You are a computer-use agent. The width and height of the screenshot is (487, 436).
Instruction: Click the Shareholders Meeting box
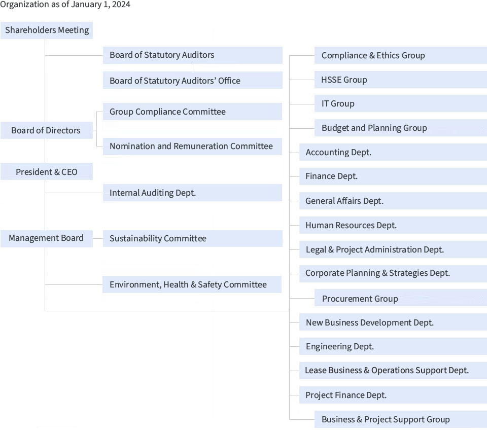(x=47, y=30)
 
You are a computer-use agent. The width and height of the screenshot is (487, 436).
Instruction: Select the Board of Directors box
(x=47, y=130)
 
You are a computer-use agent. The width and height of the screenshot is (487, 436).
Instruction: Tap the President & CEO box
(x=47, y=171)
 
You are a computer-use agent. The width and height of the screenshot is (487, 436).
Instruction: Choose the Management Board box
(x=47, y=239)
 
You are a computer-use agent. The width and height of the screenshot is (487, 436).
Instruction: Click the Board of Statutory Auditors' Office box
(x=193, y=80)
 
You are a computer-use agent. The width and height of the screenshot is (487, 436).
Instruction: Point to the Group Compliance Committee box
(x=192, y=112)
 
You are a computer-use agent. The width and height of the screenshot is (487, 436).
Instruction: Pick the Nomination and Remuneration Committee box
(x=192, y=147)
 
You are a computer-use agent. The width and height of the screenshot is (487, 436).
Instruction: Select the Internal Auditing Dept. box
(x=192, y=193)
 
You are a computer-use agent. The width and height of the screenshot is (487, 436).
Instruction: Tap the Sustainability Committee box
(x=193, y=238)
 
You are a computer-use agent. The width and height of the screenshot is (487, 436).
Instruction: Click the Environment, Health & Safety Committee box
(x=192, y=284)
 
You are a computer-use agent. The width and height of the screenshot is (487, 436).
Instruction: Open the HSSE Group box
(x=401, y=80)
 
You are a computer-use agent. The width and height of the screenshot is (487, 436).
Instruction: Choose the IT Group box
(x=401, y=103)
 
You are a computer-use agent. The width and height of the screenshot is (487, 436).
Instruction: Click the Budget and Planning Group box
(x=401, y=128)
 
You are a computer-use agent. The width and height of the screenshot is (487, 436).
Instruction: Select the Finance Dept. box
(x=393, y=176)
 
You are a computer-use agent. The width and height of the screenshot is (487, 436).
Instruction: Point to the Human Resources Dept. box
(x=393, y=225)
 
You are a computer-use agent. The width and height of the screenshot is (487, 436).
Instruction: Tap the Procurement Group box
(x=401, y=298)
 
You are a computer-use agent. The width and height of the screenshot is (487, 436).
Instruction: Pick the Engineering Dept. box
(x=393, y=346)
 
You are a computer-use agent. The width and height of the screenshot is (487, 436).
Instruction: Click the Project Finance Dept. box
(x=393, y=395)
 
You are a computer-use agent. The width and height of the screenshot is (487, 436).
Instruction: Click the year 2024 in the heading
(x=121, y=5)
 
